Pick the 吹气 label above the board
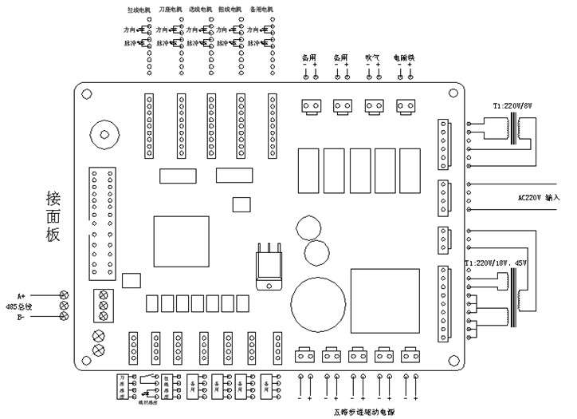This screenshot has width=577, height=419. click(372, 57)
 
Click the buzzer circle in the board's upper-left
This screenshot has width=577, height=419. click(104, 132)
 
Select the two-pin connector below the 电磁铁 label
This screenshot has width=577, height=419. click(406, 105)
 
